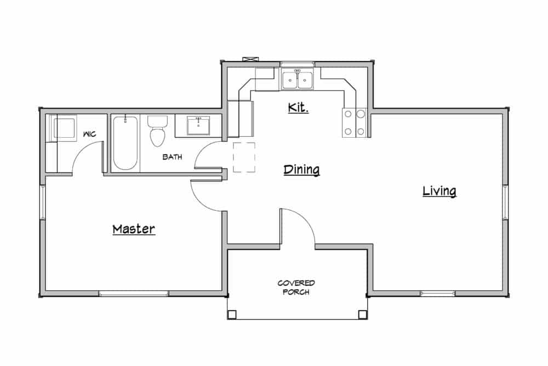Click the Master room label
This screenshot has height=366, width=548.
pos(134,229)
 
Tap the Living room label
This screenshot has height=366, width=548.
pos(439,191)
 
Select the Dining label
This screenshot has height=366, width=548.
pos(301,170)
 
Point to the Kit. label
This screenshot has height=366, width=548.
pos(298,108)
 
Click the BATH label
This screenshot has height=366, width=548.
pos(172,157)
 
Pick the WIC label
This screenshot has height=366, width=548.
pos(90,134)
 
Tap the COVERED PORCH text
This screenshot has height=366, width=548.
pos(296,288)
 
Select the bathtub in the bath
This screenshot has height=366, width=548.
pos(125,143)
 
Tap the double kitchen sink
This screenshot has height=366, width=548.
pos(297,80)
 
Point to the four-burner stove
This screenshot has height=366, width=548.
pos(354,122)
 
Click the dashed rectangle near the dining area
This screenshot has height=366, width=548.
pos(244,157)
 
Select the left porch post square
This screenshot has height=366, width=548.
pos(232,314)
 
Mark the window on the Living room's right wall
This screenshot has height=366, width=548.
pos(505,202)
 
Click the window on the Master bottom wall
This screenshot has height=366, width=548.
pos(133,294)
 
